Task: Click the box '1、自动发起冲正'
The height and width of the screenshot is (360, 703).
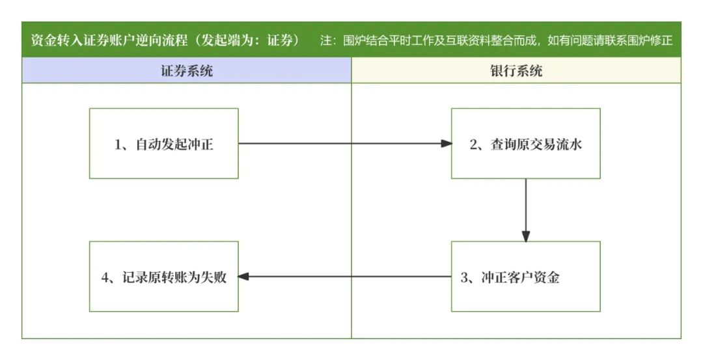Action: pyautogui.click(x=163, y=143)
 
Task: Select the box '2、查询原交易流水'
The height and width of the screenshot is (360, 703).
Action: pyautogui.click(x=525, y=143)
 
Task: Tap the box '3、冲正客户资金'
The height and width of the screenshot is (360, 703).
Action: pyautogui.click(x=525, y=277)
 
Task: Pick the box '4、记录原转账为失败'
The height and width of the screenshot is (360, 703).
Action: pyautogui.click(x=163, y=277)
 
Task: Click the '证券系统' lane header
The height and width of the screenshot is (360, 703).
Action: pyautogui.click(x=187, y=70)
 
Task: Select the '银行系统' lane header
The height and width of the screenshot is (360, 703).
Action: pyautogui.click(x=516, y=70)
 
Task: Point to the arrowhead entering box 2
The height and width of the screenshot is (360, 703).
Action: pyautogui.click(x=446, y=143)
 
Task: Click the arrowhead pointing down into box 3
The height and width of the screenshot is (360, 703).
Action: pyautogui.click(x=526, y=236)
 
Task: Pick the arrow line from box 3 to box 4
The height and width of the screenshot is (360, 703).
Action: pyautogui.click(x=345, y=277)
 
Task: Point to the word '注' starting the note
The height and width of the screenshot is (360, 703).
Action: pyautogui.click(x=325, y=40)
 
